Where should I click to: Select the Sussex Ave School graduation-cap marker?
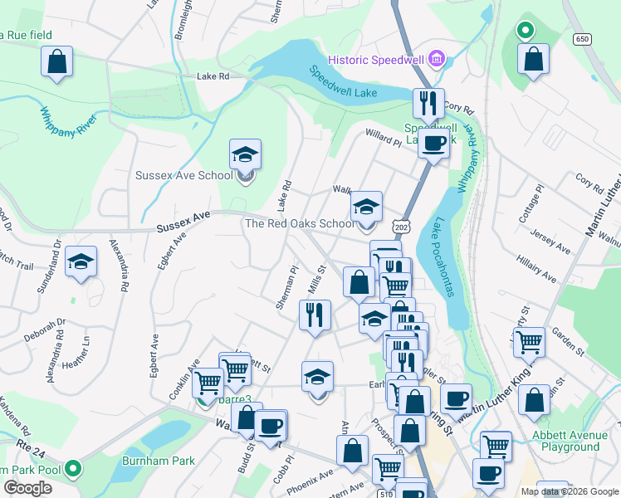click(x=245, y=154)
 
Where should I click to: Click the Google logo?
click(x=27, y=488)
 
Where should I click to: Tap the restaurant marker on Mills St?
click(x=314, y=315)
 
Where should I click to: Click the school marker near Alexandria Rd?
click(x=81, y=262)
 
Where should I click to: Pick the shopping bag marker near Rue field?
click(x=56, y=61)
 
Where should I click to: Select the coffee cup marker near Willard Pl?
click(x=433, y=144)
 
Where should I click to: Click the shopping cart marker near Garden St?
click(x=528, y=341)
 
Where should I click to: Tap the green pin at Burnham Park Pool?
click(x=74, y=469)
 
